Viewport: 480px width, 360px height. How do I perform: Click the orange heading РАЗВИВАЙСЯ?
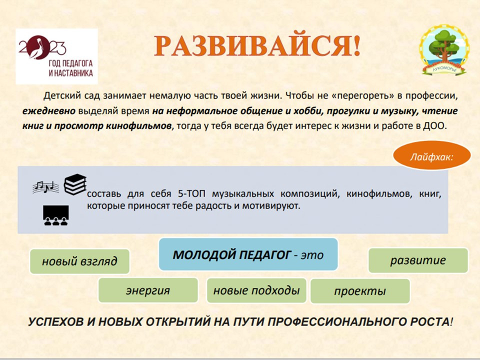(x=257, y=46)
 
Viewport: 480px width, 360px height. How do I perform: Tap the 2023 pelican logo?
(x=56, y=56)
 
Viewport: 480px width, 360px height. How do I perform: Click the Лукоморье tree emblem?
(x=444, y=50)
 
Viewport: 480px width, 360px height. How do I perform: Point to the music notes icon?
(x=46, y=186)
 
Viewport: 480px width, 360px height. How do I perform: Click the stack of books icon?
(x=75, y=184)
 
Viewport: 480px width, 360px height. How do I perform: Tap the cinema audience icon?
(x=55, y=215)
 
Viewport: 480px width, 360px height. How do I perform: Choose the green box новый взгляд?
(x=79, y=261)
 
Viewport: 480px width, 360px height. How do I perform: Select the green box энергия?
(x=148, y=290)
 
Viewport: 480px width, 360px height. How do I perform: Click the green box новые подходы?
(x=256, y=290)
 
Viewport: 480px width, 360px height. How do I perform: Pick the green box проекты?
(x=360, y=291)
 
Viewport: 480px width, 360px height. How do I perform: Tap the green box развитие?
(x=418, y=260)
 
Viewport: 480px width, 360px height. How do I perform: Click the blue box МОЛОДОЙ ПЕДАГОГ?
(x=248, y=254)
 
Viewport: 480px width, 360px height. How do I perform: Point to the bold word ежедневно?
(x=49, y=111)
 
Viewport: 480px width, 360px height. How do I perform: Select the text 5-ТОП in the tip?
(x=191, y=194)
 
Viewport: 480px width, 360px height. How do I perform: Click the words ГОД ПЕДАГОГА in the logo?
(x=70, y=63)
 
